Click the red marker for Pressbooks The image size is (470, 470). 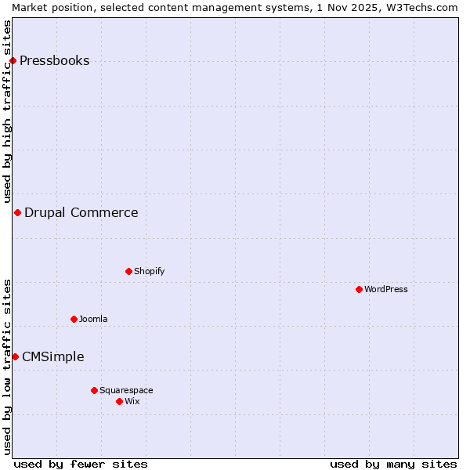pyautogui.click(x=13, y=61)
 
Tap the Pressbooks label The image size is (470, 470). pyautogui.click(x=54, y=61)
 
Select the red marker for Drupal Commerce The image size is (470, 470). pyautogui.click(x=17, y=212)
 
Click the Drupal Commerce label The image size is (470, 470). pyautogui.click(x=81, y=212)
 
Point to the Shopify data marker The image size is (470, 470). pyautogui.click(x=128, y=271)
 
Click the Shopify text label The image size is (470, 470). pyautogui.click(x=149, y=271)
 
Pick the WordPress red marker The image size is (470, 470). pyautogui.click(x=359, y=289)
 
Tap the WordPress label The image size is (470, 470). pyautogui.click(x=385, y=289)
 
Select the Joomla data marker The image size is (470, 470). pyautogui.click(x=74, y=319)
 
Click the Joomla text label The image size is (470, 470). pyautogui.click(x=93, y=319)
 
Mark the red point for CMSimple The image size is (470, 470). pyautogui.click(x=15, y=356)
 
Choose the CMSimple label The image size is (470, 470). pyautogui.click(x=52, y=356)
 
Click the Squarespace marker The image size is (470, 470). pyautogui.click(x=94, y=390)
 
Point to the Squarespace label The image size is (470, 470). pyautogui.click(x=126, y=390)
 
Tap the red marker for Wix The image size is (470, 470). pyautogui.click(x=119, y=401)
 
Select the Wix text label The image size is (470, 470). pyautogui.click(x=132, y=401)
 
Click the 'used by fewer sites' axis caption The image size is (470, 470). pyautogui.click(x=81, y=464)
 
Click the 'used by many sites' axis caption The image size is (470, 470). pyautogui.click(x=393, y=464)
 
